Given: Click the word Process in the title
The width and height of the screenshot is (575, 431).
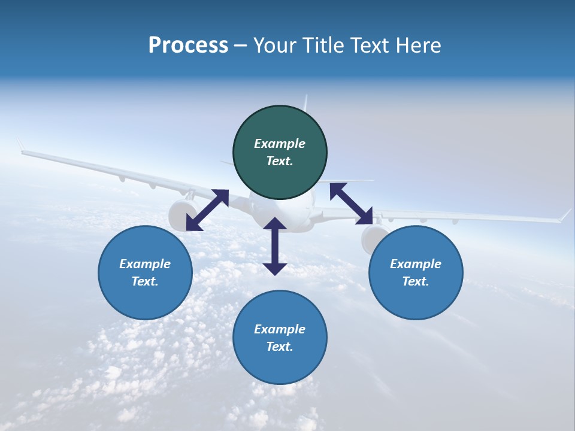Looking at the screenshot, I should tap(188, 45).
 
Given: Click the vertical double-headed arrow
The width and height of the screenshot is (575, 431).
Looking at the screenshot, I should tap(275, 246).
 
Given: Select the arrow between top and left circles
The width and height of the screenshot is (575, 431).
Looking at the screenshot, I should tap(207, 210).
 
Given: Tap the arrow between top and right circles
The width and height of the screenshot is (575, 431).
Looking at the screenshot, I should tap(351, 204).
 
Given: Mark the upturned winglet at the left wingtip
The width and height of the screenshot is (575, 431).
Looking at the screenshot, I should tap(20, 145).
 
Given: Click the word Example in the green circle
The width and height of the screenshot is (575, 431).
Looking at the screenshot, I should tap(280, 144).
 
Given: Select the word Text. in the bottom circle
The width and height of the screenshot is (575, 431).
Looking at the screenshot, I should tap(280, 347).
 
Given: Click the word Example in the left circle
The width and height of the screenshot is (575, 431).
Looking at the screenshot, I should tap(145, 264).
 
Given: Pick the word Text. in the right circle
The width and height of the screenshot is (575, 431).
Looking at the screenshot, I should tap(416, 281).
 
